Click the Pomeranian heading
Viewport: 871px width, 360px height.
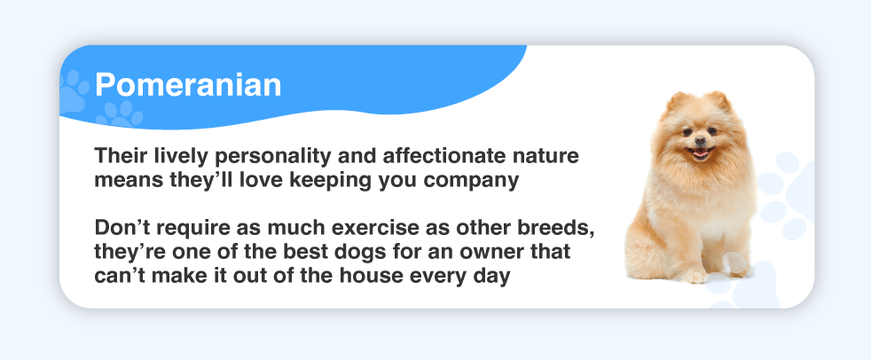pos(188,85)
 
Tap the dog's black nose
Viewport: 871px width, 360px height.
pos(700,139)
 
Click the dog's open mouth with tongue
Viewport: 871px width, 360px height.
pos(701,153)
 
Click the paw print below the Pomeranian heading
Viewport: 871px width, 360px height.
pos(120,114)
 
